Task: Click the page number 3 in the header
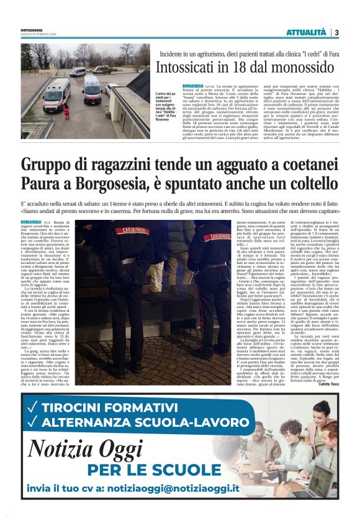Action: (336, 32)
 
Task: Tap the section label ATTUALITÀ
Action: (306, 32)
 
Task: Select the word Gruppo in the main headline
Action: (48, 165)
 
